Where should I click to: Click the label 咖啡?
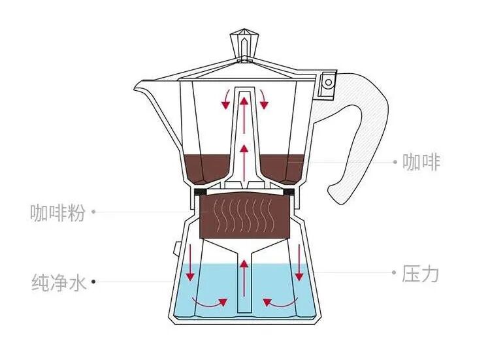pos(421,161)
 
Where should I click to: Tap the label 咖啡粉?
pos(57,212)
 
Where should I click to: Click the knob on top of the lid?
pos(245,44)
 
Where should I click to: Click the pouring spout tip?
pos(138,86)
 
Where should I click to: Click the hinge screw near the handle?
pos(327,82)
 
